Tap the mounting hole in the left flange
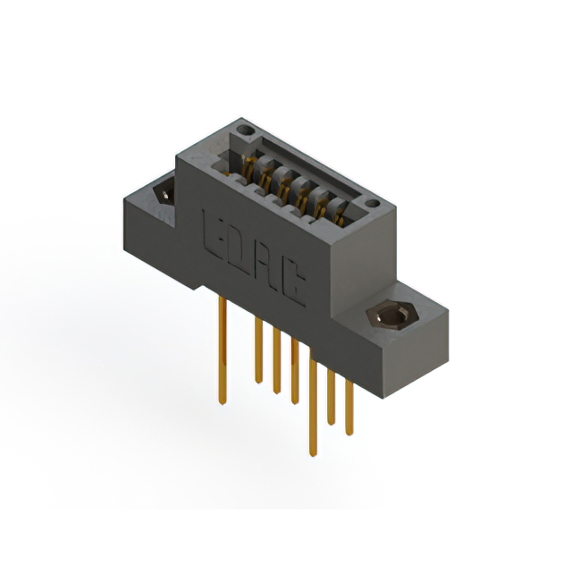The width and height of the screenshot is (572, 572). [165, 192]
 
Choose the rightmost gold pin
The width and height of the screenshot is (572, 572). [349, 393]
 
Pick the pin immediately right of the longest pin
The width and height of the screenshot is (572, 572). [332, 393]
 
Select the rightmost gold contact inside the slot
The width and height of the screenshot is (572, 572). [337, 214]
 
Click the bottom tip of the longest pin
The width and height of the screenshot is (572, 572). [312, 452]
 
